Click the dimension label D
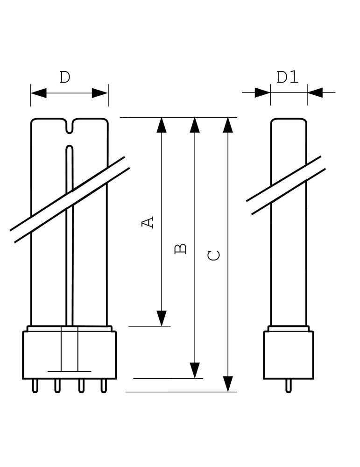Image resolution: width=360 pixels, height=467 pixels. pyautogui.click(x=65, y=77)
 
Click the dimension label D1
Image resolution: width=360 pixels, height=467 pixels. pyautogui.click(x=288, y=77)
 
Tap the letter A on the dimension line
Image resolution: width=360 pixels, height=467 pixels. pyautogui.click(x=148, y=222)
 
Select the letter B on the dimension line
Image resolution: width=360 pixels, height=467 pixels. pyautogui.click(x=181, y=248)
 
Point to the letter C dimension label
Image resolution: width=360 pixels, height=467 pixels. pyautogui.click(x=214, y=255)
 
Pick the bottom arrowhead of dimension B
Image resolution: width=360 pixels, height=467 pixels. pyautogui.click(x=195, y=370)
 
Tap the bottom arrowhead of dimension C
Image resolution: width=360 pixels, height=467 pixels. pyautogui.click(x=228, y=384)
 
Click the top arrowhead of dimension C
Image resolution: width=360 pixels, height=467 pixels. pyautogui.click(x=228, y=125)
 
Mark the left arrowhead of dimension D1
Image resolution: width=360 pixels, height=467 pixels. pyautogui.click(x=262, y=92)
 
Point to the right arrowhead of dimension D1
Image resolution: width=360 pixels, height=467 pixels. pyautogui.click(x=315, y=92)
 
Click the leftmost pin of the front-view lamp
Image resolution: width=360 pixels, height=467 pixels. pyautogui.click(x=35, y=386)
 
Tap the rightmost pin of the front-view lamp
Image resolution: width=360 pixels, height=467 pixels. pyautogui.click(x=104, y=386)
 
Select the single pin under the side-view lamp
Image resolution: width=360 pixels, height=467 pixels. pyautogui.click(x=289, y=386)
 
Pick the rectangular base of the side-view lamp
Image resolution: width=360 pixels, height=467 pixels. pyautogui.click(x=289, y=355)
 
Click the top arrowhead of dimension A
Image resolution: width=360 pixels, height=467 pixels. pyautogui.click(x=162, y=125)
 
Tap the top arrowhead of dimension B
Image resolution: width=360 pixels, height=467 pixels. pyautogui.click(x=195, y=125)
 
